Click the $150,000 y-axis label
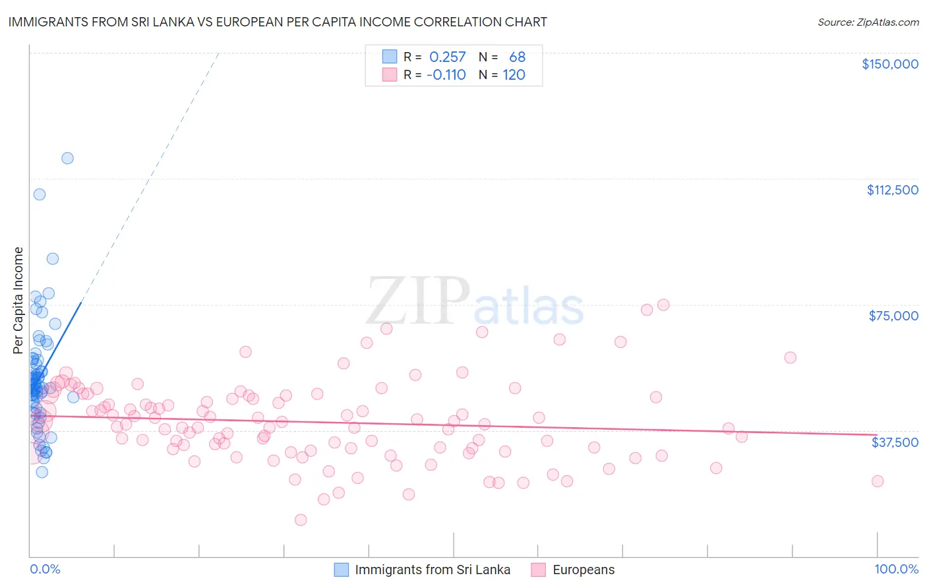[889, 64]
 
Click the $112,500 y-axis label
[892, 190]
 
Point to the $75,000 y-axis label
[893, 316]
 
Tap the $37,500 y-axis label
[895, 442]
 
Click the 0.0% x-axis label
[45, 570]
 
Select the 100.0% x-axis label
[896, 570]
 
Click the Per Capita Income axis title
[18, 300]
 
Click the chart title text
[278, 22]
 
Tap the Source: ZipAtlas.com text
[868, 22]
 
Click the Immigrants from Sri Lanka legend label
[433, 570]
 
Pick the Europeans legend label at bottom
[583, 570]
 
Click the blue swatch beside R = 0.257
[390, 57]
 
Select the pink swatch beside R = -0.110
[390, 74]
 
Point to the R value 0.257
[447, 57]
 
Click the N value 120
[514, 74]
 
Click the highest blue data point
[67, 158]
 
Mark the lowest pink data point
[301, 520]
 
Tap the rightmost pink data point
[878, 481]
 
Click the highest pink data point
[663, 305]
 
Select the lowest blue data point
[42, 472]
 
